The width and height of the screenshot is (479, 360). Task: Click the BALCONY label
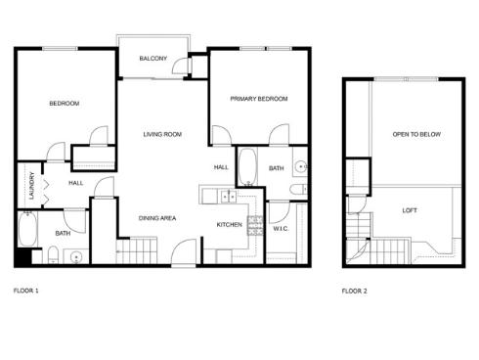[152, 59]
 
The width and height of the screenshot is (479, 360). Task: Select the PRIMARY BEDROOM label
[259, 99]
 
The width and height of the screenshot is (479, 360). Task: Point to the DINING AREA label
[156, 217]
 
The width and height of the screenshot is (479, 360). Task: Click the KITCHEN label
[229, 225]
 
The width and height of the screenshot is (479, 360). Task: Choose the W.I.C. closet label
[280, 229]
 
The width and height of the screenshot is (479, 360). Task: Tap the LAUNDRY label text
[31, 186]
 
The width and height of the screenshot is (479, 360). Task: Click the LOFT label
[411, 210]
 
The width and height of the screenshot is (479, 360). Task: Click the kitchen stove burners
[255, 226]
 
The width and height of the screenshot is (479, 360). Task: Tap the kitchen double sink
[227, 197]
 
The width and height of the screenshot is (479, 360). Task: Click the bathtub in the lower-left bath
[26, 231]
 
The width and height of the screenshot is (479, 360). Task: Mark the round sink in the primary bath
[302, 166]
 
